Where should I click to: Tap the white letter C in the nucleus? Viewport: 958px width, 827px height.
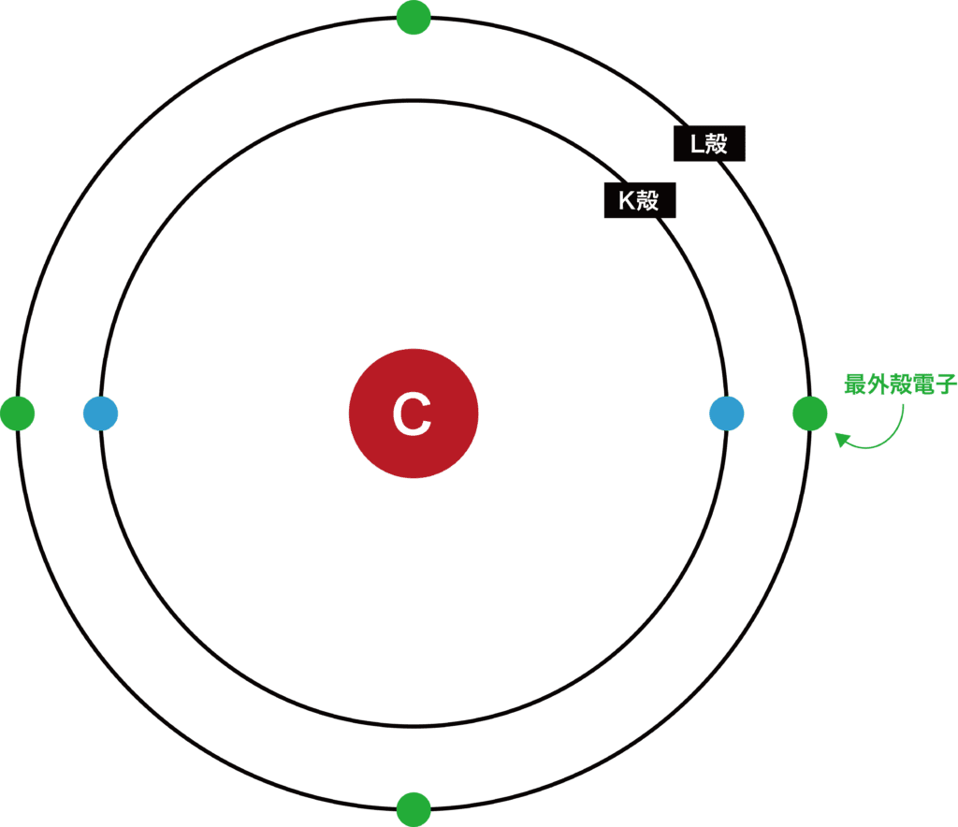[x=412, y=414]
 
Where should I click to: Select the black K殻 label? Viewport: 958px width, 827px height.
[x=640, y=200]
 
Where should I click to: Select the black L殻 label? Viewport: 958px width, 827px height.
[x=709, y=143]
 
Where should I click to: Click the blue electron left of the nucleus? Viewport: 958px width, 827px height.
[x=100, y=413]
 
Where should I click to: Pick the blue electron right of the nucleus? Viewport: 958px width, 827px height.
[x=727, y=413]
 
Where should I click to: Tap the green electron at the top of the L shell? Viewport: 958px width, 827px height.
[x=414, y=17]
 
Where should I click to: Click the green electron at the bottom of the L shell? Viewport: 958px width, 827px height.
[x=414, y=809]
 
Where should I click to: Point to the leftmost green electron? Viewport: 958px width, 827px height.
[x=18, y=413]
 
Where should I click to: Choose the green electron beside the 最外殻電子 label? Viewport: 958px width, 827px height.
[x=810, y=413]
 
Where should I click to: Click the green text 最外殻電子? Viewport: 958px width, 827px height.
[x=900, y=384]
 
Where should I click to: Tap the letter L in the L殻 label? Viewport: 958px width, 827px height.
[x=695, y=143]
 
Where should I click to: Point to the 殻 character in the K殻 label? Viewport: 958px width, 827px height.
[x=648, y=200]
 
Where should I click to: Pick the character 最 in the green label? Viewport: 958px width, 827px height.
[x=855, y=384]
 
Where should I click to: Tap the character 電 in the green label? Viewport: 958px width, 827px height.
[x=922, y=384]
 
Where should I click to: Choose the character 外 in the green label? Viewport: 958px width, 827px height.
[x=878, y=384]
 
